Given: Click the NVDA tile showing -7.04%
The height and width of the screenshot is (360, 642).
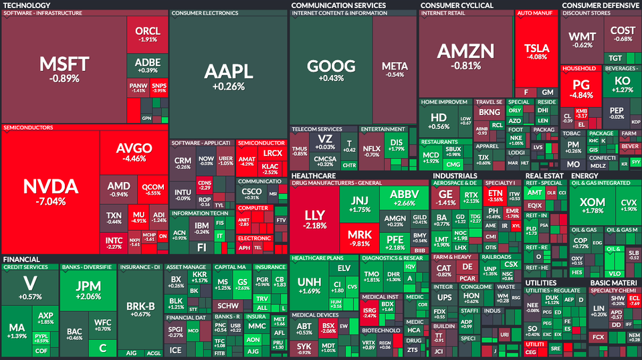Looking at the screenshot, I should [x=50, y=191].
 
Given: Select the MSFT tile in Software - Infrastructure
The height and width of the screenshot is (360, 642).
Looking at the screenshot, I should [x=64, y=69].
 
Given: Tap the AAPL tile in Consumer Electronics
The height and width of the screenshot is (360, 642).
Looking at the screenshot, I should [x=228, y=76].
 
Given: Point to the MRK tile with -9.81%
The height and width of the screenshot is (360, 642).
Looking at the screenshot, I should [x=359, y=240].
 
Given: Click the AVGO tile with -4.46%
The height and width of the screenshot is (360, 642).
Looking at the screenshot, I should [x=134, y=152].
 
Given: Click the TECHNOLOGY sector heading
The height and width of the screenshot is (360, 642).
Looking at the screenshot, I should [x=27, y=5].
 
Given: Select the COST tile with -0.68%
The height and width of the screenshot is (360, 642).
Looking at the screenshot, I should [x=623, y=33].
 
